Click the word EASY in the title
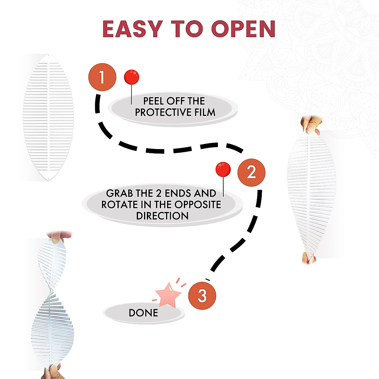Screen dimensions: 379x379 [132, 29]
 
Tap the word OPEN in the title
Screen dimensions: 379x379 [243, 29]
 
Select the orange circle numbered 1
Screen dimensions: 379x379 [102, 77]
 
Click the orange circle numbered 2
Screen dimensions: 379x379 [251, 172]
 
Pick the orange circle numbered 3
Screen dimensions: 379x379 [202, 296]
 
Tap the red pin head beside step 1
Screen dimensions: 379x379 [131, 77]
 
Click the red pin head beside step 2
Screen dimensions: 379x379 [223, 170]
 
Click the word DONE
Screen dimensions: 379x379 [143, 313]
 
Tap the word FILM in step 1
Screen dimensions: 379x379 [205, 112]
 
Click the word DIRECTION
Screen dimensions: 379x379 [162, 216]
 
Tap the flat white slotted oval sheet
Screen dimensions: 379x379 [48, 117]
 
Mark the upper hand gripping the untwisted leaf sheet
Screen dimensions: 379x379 [311, 125]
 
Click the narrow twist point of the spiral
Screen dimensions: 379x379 [51, 292]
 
